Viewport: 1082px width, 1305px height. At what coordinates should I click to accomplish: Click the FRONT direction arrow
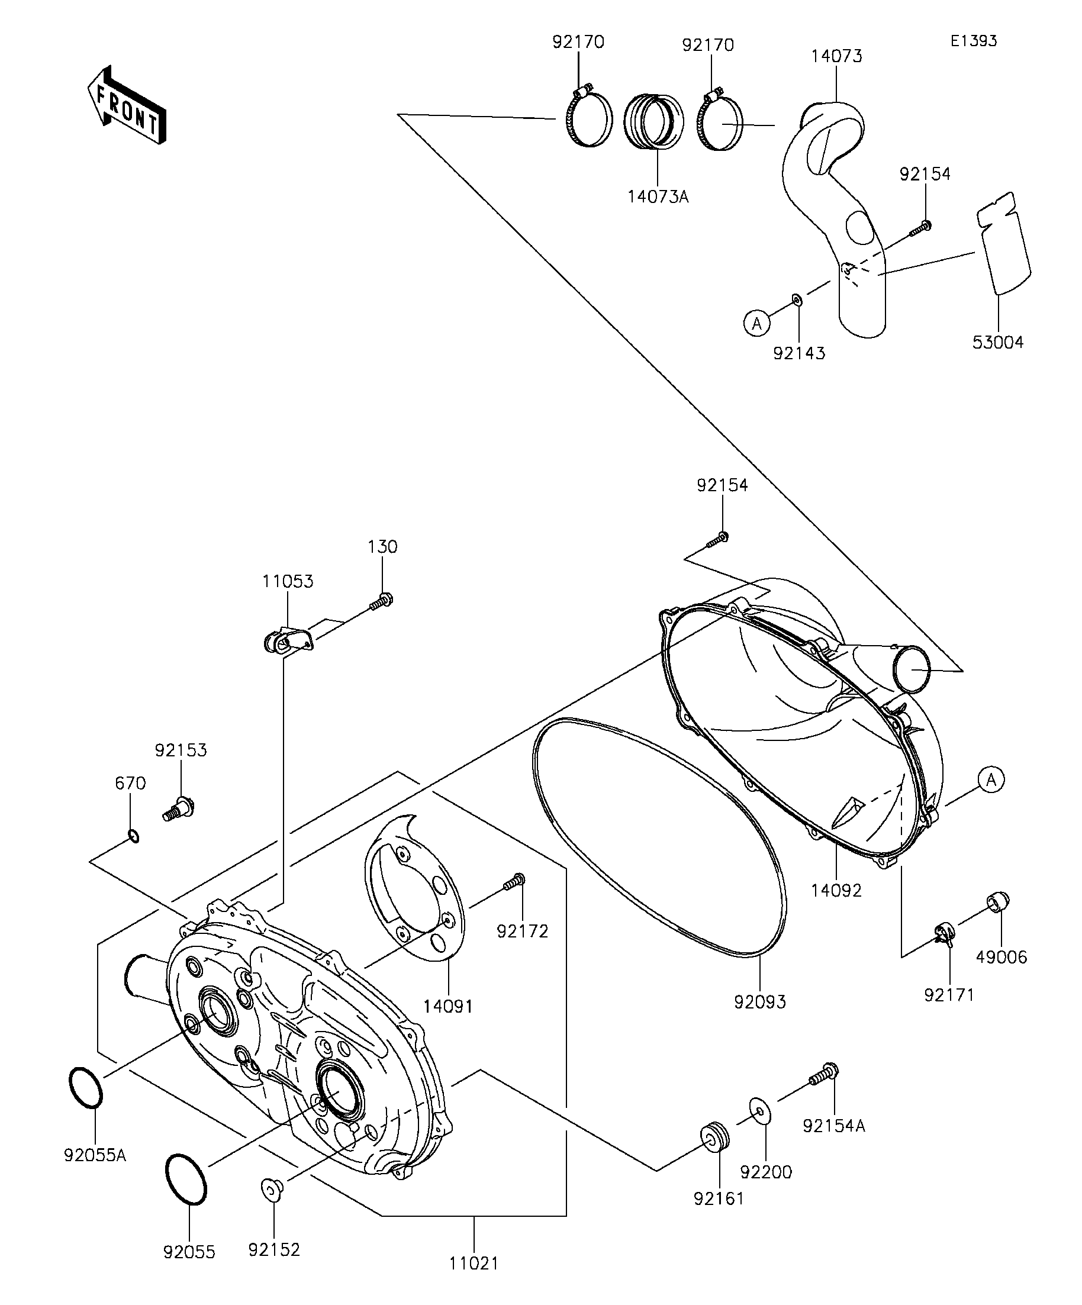[127, 105]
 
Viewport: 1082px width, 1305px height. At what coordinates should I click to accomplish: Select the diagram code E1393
[973, 41]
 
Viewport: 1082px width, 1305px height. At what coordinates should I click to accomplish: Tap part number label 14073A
[658, 197]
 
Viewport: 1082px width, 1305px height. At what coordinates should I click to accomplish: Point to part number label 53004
[998, 343]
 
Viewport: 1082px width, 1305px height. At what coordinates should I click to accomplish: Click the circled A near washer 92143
[757, 323]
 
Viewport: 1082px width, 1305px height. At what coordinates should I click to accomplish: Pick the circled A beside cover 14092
[991, 779]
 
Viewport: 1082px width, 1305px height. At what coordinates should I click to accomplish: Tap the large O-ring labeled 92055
[186, 1180]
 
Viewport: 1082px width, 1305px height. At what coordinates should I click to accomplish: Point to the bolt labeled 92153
[178, 810]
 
